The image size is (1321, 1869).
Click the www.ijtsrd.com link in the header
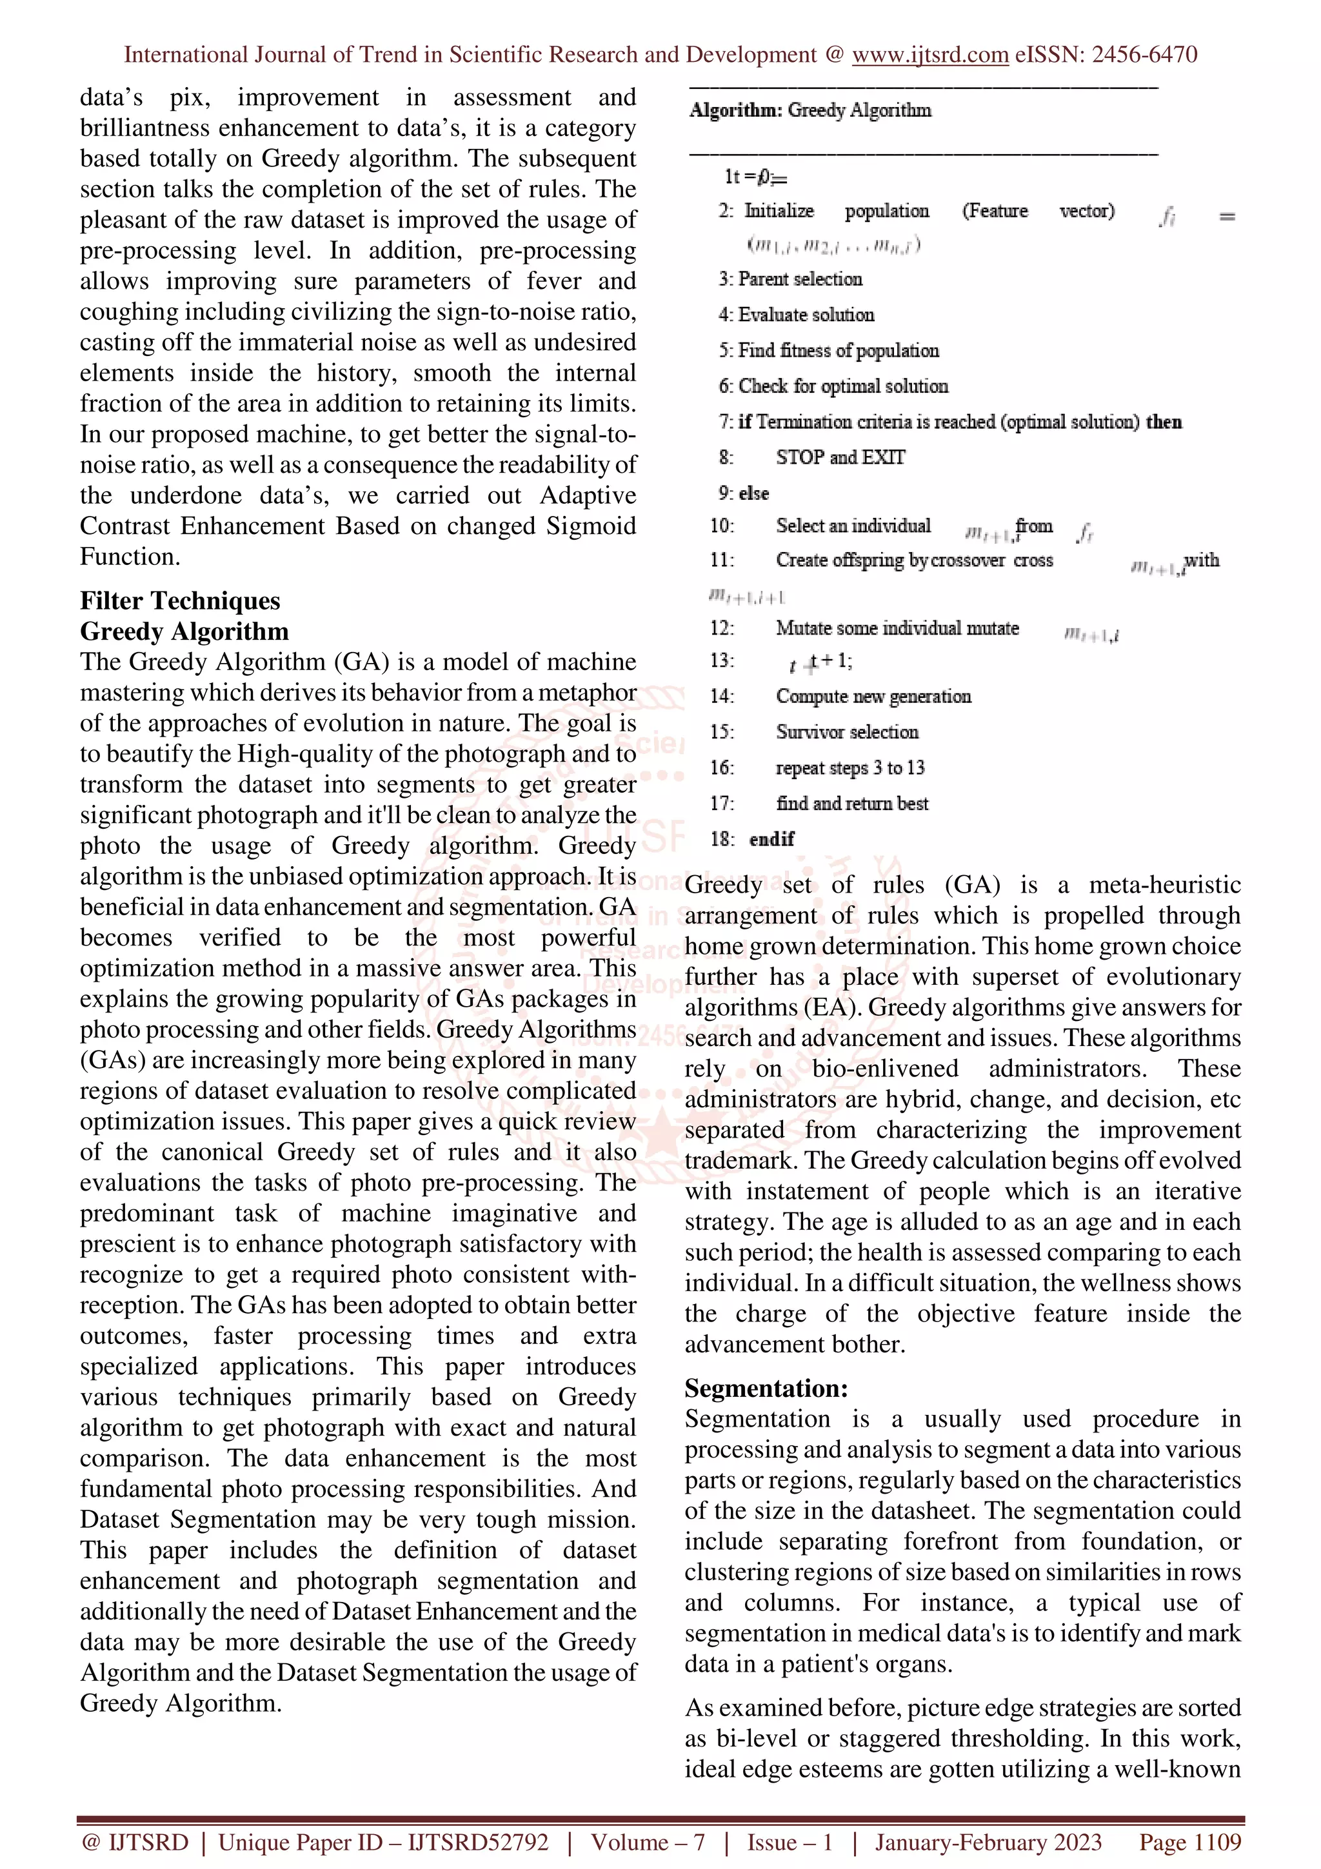pos(929,55)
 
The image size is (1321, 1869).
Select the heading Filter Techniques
pos(180,601)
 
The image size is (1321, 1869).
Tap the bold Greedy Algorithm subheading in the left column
pos(184,631)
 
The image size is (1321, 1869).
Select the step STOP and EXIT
pos(840,457)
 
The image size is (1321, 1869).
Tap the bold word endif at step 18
pos(771,839)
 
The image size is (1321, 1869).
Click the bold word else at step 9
pos(753,493)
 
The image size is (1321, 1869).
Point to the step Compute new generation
pos(873,696)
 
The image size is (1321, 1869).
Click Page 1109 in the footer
pos(1190,1842)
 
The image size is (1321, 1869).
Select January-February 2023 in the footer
pos(988,1842)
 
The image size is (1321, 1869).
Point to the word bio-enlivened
pos(886,1069)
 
